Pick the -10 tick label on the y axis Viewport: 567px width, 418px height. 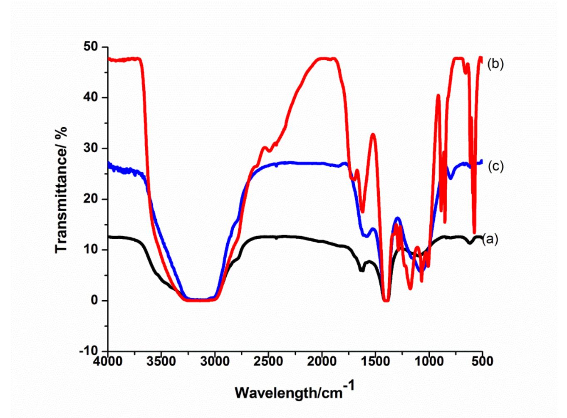coord(88,351)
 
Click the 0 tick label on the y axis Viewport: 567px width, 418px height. coord(95,300)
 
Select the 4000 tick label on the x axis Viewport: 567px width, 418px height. coord(108,361)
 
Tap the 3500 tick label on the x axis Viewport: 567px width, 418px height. coord(161,361)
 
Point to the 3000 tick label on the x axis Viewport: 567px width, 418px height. coord(215,361)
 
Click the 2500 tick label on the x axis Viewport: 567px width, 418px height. coord(268,361)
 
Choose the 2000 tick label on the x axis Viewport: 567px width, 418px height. coord(322,361)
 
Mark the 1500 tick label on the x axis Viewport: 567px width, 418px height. coord(375,361)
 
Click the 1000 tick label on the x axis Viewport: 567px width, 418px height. coord(429,361)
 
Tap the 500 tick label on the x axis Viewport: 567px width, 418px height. coord(482,361)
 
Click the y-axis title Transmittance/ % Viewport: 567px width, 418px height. coord(61,190)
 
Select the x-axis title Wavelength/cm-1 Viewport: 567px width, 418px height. coord(295,391)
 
